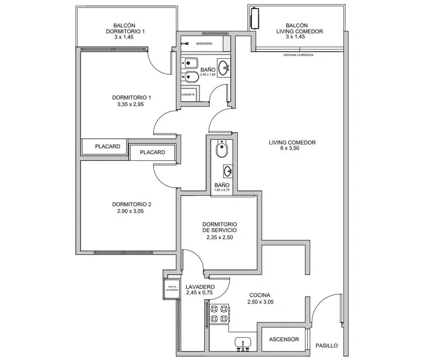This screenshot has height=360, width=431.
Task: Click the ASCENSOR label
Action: click(x=284, y=340)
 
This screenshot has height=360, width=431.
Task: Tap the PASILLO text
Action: click(x=326, y=346)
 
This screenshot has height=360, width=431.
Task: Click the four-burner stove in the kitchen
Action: click(x=219, y=314)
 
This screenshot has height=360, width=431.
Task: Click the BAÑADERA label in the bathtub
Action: click(x=204, y=43)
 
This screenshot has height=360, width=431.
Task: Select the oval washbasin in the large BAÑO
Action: click(x=224, y=68)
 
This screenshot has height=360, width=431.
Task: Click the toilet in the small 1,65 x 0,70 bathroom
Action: click(x=222, y=148)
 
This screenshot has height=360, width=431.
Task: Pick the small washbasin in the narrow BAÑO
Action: click(x=228, y=171)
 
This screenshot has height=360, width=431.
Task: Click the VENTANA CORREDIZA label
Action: click(x=298, y=55)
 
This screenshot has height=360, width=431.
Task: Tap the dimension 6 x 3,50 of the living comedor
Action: click(x=289, y=148)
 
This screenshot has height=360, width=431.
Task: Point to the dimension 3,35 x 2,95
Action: click(x=130, y=104)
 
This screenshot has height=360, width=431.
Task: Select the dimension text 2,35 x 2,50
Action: click(x=219, y=237)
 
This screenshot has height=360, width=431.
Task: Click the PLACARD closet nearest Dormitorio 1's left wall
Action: click(x=104, y=147)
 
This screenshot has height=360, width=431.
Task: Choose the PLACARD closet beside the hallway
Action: click(x=152, y=152)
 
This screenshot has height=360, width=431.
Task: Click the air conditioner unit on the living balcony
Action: click(x=255, y=18)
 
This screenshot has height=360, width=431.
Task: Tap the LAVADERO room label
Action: click(x=200, y=287)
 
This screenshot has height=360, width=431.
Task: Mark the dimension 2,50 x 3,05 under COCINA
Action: click(x=260, y=302)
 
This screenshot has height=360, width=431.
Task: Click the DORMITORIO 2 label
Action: click(x=131, y=204)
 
